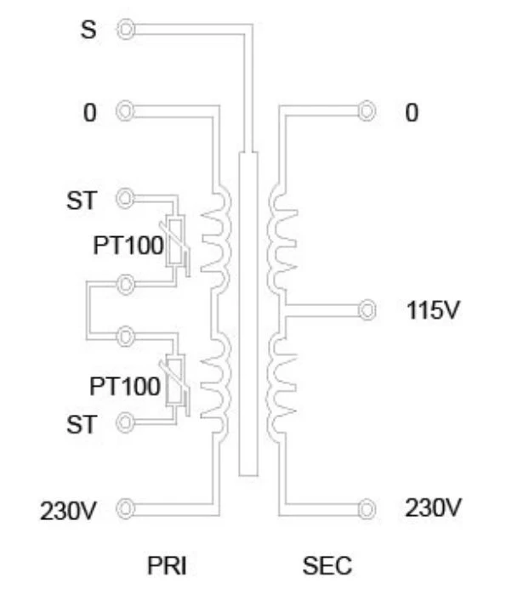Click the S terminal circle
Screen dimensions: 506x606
[x=125, y=30]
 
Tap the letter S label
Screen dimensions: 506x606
[x=88, y=30]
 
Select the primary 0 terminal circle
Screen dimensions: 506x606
[x=125, y=111]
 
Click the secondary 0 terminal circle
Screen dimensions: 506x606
[x=367, y=111]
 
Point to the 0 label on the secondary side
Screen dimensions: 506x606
[x=412, y=113]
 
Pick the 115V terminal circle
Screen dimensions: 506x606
[x=367, y=310]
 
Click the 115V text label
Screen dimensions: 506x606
[x=433, y=310]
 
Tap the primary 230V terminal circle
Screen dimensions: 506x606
[x=125, y=508]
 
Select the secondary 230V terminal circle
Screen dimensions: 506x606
[x=367, y=508]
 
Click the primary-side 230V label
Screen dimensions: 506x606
[x=68, y=511]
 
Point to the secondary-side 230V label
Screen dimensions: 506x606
[x=433, y=507]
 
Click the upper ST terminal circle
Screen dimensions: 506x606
[x=125, y=198]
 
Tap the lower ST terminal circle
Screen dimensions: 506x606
[x=125, y=422]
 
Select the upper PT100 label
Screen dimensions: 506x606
[x=128, y=246]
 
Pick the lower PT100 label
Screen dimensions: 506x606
[x=124, y=386]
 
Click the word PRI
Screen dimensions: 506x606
[x=167, y=565]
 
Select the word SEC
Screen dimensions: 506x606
[x=327, y=565]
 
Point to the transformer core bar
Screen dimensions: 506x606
[x=248, y=314]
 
